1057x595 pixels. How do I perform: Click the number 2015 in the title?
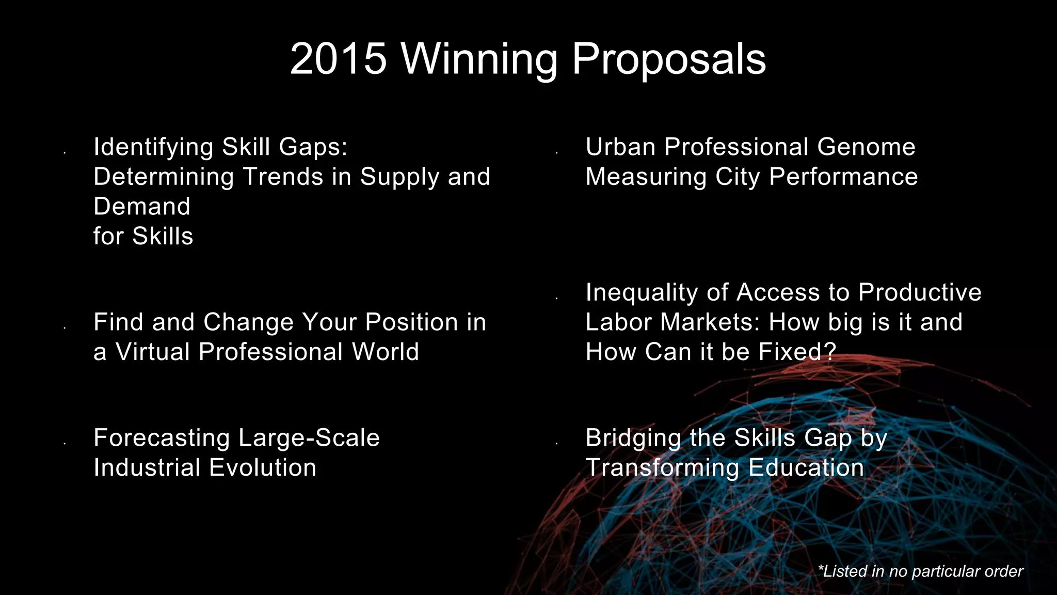tap(338, 59)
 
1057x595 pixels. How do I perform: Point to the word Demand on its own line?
tap(142, 207)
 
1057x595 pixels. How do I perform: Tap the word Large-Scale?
tap(309, 438)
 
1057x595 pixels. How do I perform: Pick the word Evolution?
tap(263, 468)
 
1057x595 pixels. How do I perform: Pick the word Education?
tap(806, 468)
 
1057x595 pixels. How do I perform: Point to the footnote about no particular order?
tap(920, 571)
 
